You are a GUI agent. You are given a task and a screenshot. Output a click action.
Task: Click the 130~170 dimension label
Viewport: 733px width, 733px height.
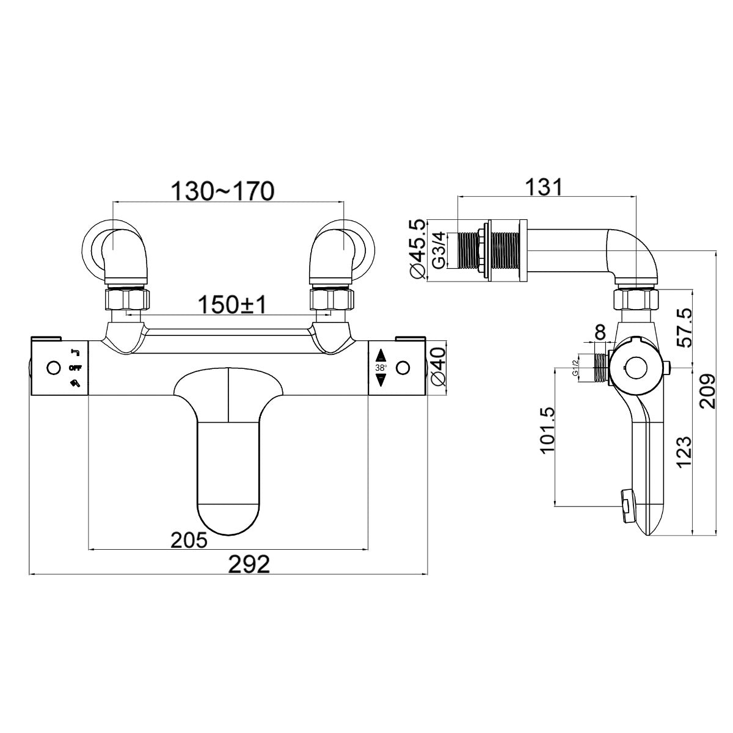(x=222, y=191)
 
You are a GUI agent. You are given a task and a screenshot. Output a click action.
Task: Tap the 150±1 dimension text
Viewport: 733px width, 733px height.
(x=233, y=305)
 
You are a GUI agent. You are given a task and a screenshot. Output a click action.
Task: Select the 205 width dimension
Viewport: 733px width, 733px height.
(x=189, y=540)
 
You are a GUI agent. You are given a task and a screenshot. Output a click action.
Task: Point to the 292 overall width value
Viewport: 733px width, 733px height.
(x=250, y=564)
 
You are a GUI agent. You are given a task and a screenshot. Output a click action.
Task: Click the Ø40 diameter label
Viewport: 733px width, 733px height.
(x=437, y=366)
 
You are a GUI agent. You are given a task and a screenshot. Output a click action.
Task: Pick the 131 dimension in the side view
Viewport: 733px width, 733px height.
(x=544, y=187)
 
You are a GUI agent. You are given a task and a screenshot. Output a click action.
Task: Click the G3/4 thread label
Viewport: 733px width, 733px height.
(x=439, y=250)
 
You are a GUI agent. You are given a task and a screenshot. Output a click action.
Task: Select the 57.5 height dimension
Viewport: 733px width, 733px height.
(x=684, y=327)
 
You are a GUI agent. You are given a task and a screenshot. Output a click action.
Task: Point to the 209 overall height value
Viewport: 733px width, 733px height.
(x=708, y=391)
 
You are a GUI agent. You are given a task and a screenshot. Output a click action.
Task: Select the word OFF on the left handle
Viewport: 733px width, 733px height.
(x=75, y=368)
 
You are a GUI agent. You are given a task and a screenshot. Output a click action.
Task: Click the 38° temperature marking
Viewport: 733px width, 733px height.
(x=381, y=368)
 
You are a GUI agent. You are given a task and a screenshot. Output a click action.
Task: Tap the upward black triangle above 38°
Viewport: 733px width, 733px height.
(x=381, y=356)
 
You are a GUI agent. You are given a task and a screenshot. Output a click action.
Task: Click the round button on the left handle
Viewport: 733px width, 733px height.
(x=54, y=368)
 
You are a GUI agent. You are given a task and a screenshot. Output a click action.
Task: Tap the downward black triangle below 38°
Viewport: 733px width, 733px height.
(x=381, y=380)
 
